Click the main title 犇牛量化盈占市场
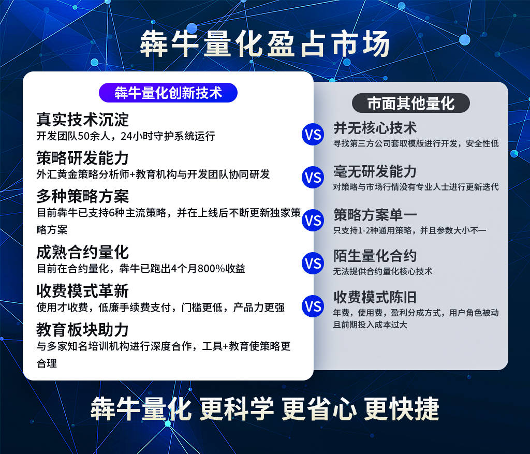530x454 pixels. (265, 44)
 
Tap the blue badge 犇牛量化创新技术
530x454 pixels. (168, 93)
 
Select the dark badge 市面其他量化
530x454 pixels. (410, 103)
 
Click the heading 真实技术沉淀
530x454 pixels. (82, 120)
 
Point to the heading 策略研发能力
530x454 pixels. (82, 158)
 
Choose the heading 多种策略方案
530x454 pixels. (82, 196)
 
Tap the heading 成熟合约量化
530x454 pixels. (82, 252)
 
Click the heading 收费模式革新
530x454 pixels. (82, 291)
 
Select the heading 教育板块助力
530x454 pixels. (82, 330)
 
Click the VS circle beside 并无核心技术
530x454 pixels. (313, 135)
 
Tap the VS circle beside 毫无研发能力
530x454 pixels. (313, 178)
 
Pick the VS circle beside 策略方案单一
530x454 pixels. (313, 221)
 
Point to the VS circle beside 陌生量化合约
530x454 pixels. (313, 263)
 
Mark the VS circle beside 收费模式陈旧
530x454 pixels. (313, 306)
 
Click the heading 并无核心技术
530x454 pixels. (375, 128)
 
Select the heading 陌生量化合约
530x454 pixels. (375, 256)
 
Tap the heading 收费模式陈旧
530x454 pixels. (375, 298)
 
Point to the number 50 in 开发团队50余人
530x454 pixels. (83, 136)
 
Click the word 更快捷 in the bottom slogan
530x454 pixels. (402, 408)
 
